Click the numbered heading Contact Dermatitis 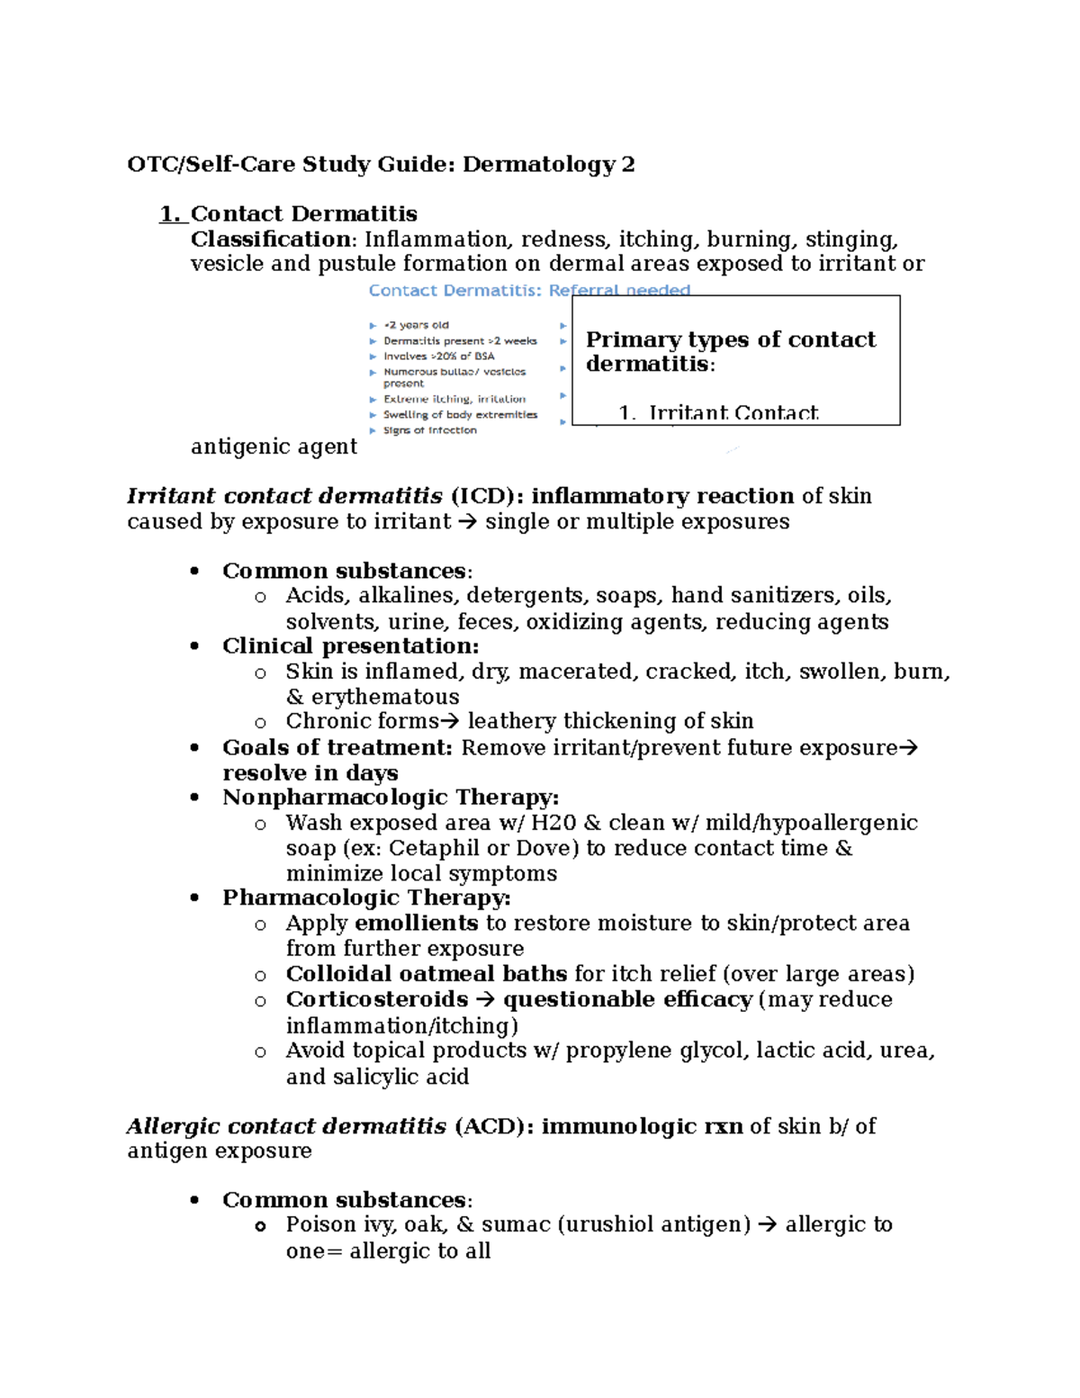303,214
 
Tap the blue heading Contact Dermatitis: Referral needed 529,291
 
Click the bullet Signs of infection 429,430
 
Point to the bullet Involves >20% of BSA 438,356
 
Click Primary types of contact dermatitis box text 730,351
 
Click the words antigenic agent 274,446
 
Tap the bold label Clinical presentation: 350,646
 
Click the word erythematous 384,697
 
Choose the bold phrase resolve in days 310,773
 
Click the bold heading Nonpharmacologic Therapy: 391,798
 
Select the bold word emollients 416,924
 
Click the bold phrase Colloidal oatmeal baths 426,974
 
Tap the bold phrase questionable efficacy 627,1000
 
